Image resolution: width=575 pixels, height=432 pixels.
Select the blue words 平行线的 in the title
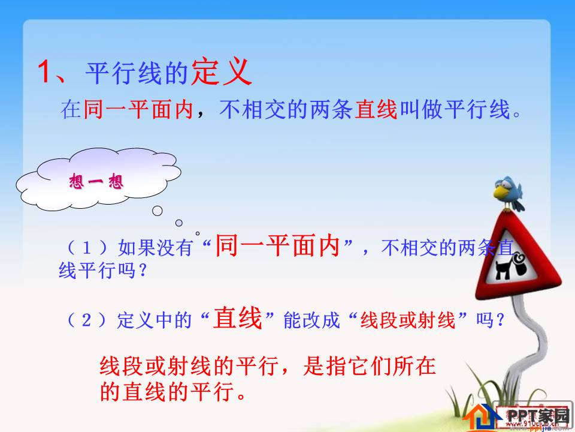[137, 74]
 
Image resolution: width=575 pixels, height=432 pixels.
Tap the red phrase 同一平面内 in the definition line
[138, 110]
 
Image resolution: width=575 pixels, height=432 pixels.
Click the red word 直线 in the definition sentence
[376, 110]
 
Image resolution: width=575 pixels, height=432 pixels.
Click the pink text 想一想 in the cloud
[96, 181]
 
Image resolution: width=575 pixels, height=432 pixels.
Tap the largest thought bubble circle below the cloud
[158, 211]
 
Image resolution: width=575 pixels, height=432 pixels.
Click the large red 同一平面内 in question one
[277, 246]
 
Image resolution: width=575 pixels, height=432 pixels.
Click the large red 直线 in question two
[238, 319]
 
